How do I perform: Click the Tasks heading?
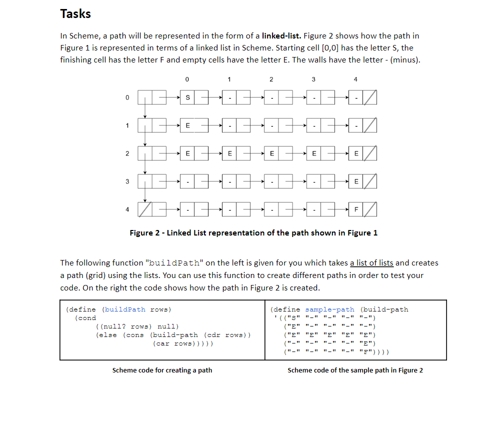point(75,13)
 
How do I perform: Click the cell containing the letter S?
point(187,98)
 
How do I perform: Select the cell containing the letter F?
point(356,209)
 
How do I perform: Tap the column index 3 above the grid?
point(313,79)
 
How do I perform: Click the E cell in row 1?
point(187,126)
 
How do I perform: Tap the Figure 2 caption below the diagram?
point(253,232)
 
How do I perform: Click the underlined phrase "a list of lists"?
point(371,262)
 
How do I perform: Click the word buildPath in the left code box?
point(125,309)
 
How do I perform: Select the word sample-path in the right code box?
point(329,309)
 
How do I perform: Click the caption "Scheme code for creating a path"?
point(162,370)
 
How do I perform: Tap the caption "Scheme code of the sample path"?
point(355,370)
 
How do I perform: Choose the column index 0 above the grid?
point(186,79)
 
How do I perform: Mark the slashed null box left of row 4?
point(144,209)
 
